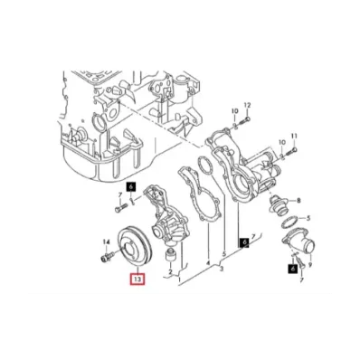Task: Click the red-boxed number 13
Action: point(137,279)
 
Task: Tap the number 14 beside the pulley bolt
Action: point(107,242)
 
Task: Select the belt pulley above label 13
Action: point(135,247)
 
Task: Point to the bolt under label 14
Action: point(107,257)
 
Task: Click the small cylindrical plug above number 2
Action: point(171,256)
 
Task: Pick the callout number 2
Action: point(170,272)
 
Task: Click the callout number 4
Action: point(208,263)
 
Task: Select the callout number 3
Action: point(222,269)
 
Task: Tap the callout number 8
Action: point(298,200)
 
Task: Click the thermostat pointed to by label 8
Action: point(279,206)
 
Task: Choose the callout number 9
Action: point(310,265)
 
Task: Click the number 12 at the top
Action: point(247,105)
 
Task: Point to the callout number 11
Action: point(294,136)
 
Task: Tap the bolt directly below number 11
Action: point(290,151)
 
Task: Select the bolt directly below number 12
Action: point(244,123)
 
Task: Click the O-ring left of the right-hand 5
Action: point(290,223)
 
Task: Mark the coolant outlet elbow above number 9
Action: point(299,243)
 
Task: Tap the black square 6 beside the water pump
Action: point(130,187)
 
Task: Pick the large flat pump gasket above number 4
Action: point(200,193)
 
